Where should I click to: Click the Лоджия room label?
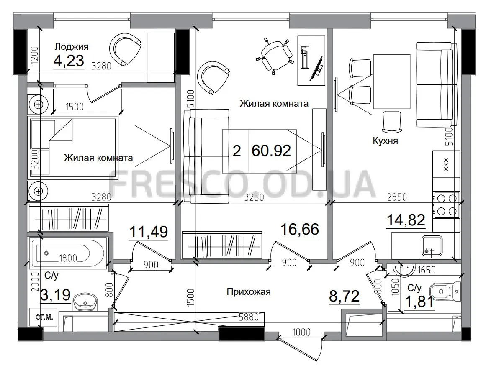click(72, 47)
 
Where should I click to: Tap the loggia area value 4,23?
click(69, 60)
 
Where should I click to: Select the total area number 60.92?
click(271, 151)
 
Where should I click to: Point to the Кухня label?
click(385, 141)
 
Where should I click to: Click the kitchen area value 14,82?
click(406, 220)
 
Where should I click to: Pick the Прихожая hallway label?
click(249, 292)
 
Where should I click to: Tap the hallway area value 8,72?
click(344, 296)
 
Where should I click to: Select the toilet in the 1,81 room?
click(445, 291)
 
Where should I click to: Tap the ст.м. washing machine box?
click(44, 317)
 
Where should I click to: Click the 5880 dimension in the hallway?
click(249, 317)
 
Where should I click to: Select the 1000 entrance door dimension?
click(301, 332)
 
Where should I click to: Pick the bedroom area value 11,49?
click(149, 232)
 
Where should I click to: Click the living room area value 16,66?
click(299, 230)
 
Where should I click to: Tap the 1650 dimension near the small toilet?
click(427, 270)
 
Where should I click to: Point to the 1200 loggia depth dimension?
click(35, 55)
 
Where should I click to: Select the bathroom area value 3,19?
click(56, 295)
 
